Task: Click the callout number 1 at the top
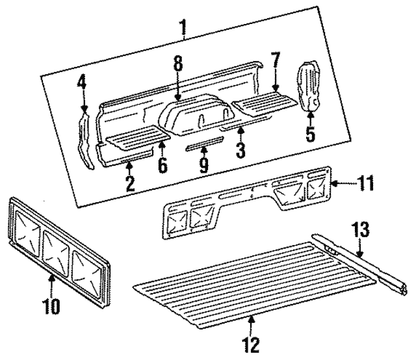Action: pyautogui.click(x=184, y=27)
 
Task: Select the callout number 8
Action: pyautogui.click(x=177, y=63)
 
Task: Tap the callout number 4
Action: pyautogui.click(x=82, y=83)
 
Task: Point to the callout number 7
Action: pyautogui.click(x=275, y=61)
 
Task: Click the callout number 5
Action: pyautogui.click(x=310, y=135)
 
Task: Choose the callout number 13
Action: pyautogui.click(x=361, y=230)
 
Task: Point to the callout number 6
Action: pyautogui.click(x=162, y=165)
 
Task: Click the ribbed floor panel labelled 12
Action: pyautogui.click(x=253, y=279)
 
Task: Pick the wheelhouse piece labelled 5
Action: pyautogui.click(x=307, y=84)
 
